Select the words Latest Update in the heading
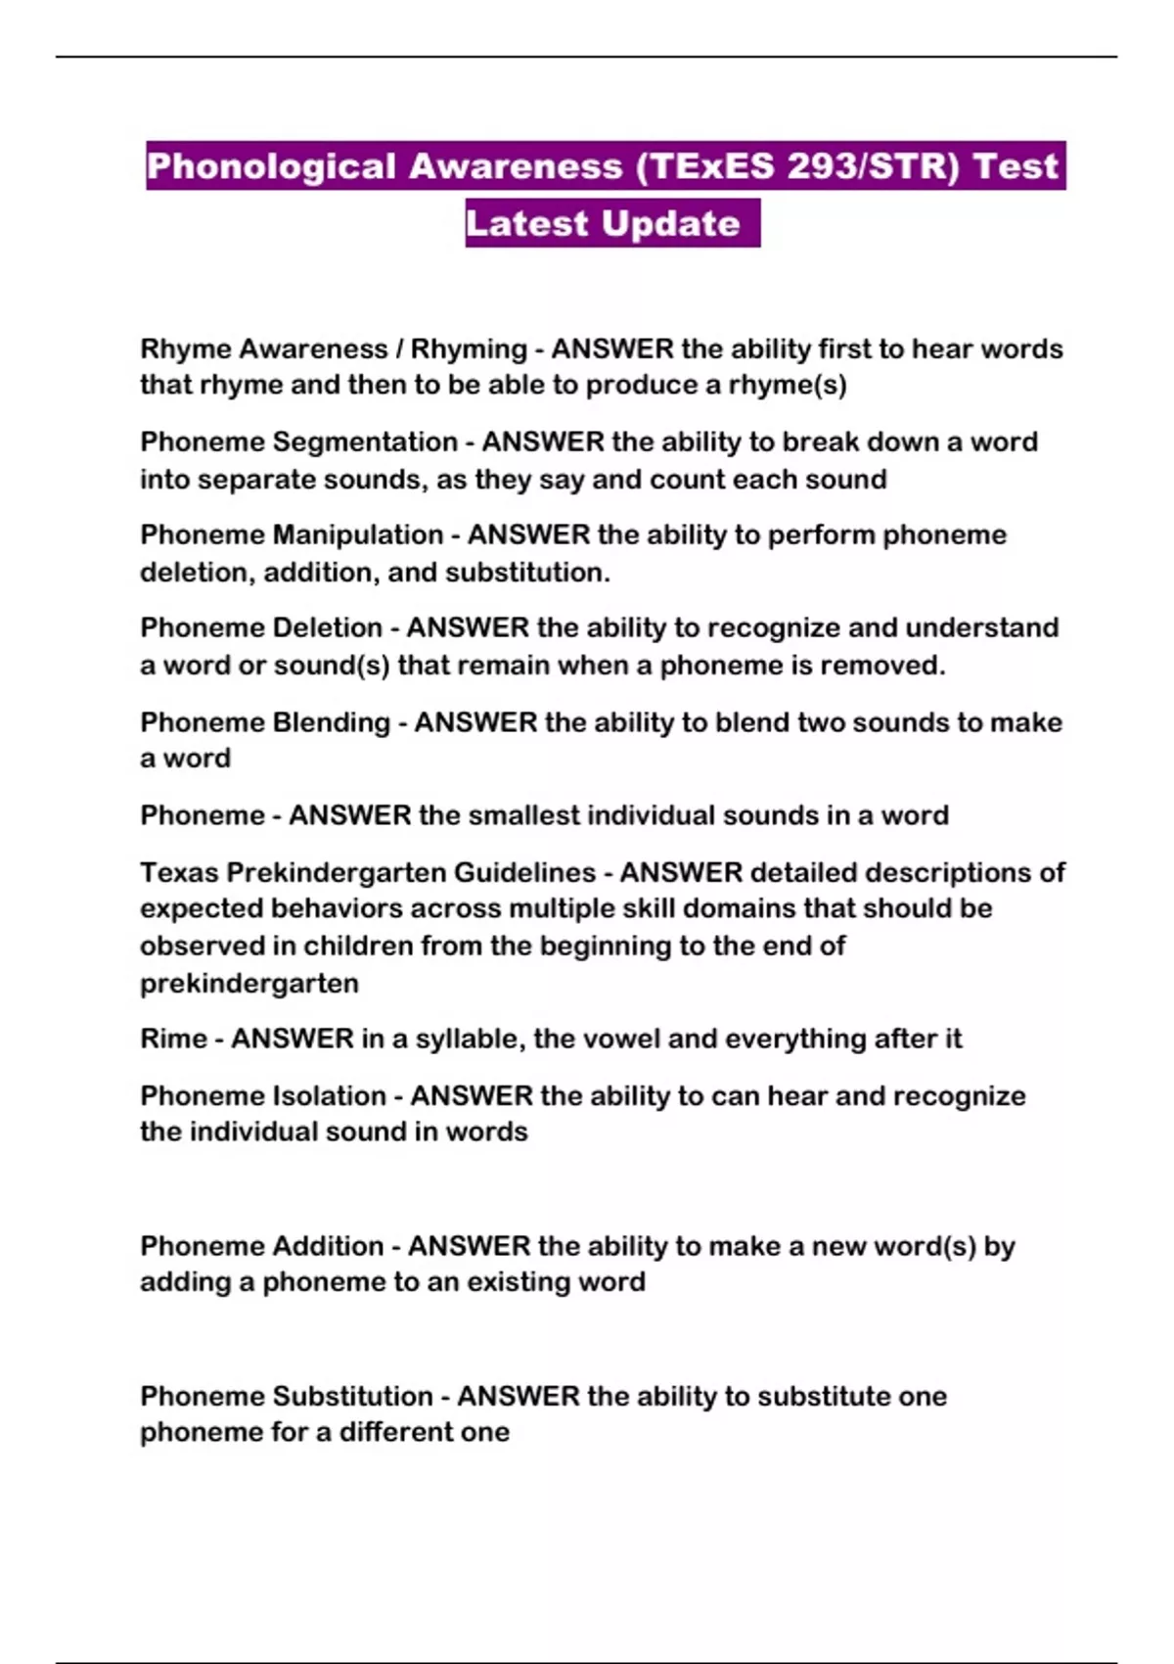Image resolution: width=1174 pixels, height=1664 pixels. click(603, 224)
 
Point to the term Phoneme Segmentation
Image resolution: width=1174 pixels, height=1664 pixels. click(298, 442)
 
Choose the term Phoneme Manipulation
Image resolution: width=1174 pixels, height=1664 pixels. click(292, 535)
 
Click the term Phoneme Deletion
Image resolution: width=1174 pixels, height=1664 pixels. click(261, 628)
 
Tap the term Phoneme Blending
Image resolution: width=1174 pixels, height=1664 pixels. click(265, 722)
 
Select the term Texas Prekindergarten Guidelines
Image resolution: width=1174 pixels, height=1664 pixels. click(368, 872)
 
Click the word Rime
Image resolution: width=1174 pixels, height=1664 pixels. click(173, 1039)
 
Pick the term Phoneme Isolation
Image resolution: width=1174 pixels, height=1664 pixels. click(263, 1096)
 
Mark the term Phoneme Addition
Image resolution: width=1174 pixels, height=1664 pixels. click(262, 1246)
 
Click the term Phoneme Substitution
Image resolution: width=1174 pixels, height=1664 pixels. click(287, 1396)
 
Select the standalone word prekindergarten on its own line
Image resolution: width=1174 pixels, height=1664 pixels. click(249, 983)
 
